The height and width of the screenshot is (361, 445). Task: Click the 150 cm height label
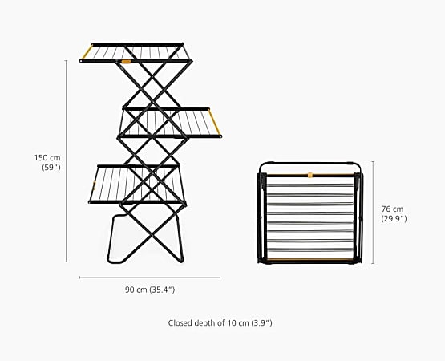coord(47,157)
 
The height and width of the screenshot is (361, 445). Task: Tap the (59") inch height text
coord(51,168)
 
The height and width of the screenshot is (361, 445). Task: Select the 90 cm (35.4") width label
coord(150,290)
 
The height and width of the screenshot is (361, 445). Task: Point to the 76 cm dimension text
coord(393,209)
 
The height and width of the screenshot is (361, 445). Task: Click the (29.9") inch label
coord(394,219)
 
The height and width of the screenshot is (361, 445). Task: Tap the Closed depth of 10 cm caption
coord(220,323)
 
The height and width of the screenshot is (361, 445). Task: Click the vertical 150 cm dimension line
coord(66,161)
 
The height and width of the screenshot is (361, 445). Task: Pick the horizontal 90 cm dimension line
coord(150,278)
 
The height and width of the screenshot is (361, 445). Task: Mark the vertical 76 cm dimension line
coord(373,213)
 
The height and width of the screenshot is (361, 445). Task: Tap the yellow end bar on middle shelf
coord(214,122)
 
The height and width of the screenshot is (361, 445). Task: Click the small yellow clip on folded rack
coord(310,175)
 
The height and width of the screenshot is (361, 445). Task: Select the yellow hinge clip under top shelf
coord(126,61)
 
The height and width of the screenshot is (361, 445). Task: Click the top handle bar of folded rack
coord(310,164)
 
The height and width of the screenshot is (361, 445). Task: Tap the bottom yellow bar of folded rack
coord(310,259)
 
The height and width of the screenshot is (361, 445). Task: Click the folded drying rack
coord(310,213)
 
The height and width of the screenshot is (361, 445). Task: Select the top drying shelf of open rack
coord(136,53)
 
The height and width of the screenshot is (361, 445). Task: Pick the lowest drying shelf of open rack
coord(138,185)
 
